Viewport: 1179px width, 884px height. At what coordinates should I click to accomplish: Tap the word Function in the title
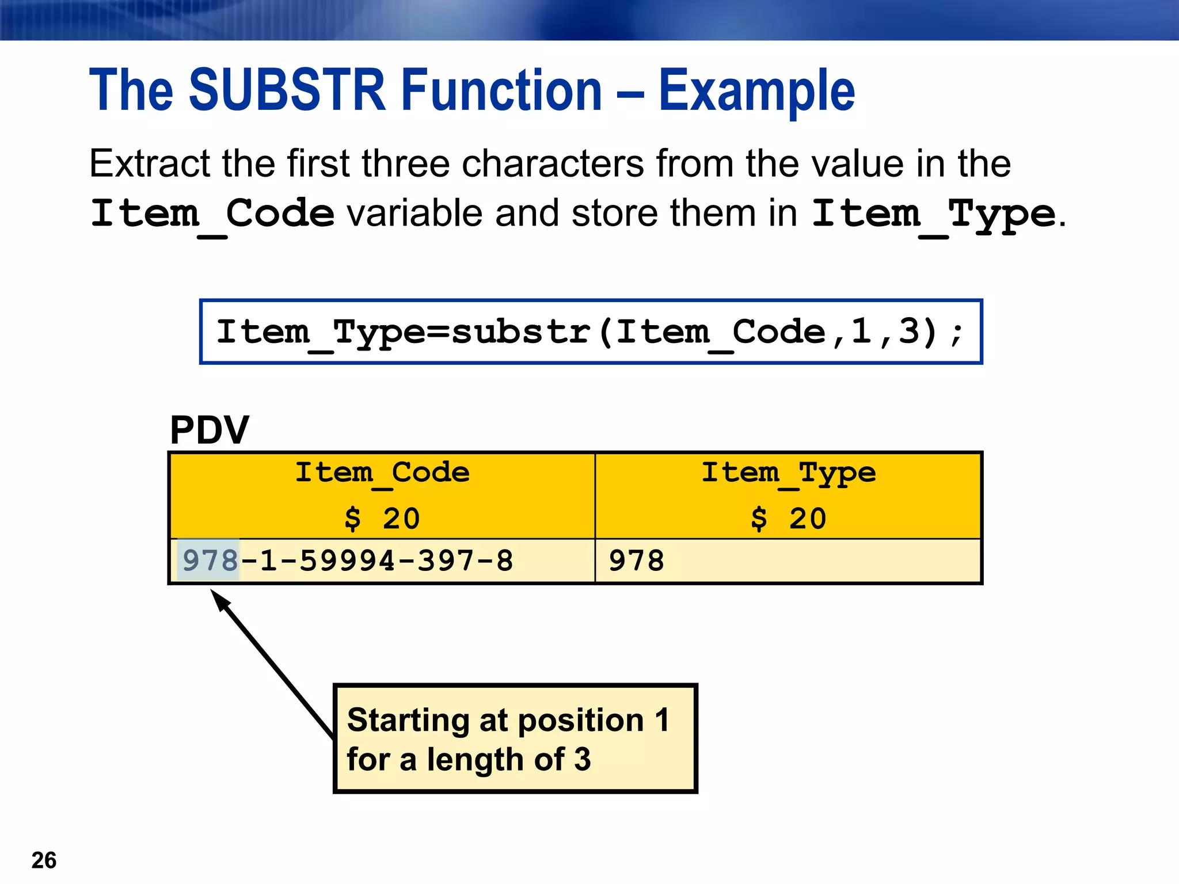(x=501, y=90)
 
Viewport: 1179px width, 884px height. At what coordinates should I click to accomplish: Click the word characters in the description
(x=553, y=164)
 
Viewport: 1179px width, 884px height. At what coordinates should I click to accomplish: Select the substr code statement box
(x=590, y=332)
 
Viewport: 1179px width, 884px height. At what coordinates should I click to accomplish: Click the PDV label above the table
(x=209, y=430)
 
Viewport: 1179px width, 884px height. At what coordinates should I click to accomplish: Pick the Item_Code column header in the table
(x=382, y=474)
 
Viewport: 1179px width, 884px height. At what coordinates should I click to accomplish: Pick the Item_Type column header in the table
(x=788, y=474)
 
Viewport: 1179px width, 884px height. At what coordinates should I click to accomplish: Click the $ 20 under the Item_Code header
(x=382, y=519)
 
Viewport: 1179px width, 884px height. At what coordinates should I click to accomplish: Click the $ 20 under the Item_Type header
(x=788, y=519)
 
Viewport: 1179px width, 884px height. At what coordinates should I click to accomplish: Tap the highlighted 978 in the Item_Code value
(x=209, y=561)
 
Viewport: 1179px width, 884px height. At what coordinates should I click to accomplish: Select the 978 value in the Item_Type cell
(x=636, y=561)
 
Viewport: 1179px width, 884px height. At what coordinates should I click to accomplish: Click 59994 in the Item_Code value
(x=347, y=561)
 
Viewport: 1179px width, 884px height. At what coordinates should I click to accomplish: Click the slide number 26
(x=44, y=860)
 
